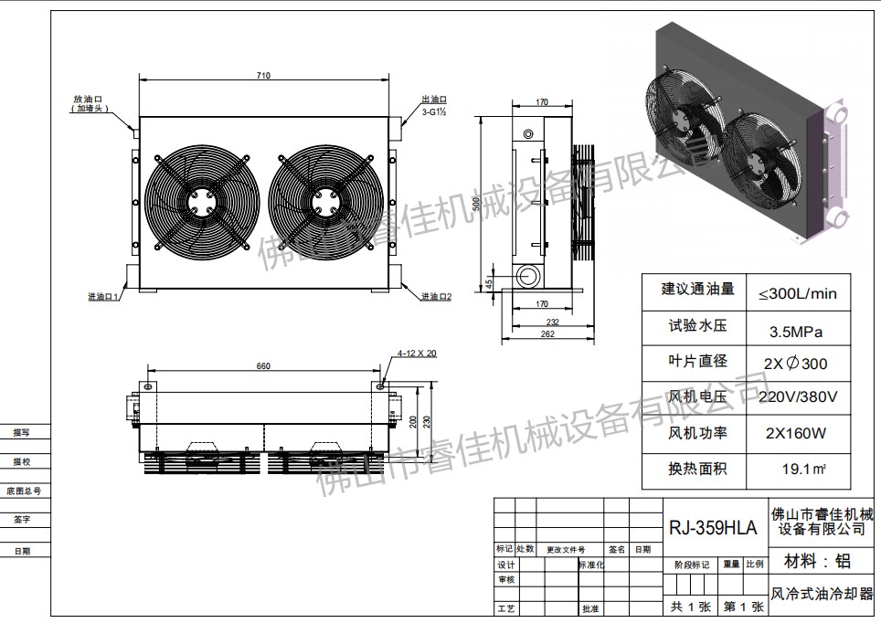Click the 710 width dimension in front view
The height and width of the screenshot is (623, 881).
(263, 76)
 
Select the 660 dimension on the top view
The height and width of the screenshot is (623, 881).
(263, 366)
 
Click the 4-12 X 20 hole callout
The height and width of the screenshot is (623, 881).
(417, 353)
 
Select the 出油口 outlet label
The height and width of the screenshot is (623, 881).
(433, 99)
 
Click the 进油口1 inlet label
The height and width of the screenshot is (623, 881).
(104, 296)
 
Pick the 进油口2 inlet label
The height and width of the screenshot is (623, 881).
(436, 296)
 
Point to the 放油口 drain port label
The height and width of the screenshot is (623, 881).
(91, 98)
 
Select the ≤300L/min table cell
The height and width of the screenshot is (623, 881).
(797, 293)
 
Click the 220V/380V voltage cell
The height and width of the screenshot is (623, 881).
(797, 397)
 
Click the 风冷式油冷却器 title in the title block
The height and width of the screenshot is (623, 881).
(822, 594)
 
